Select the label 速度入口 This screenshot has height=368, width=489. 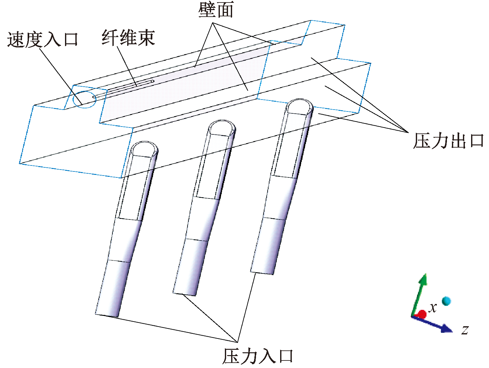[42, 40]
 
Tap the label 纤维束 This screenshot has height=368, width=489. [128, 38]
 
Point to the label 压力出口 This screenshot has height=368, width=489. [448, 141]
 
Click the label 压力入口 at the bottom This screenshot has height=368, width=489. [258, 356]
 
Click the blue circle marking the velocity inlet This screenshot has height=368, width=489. [84, 100]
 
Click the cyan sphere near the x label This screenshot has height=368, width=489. [446, 301]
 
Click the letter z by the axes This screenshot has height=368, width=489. [465, 330]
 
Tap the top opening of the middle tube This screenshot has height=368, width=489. [222, 127]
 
